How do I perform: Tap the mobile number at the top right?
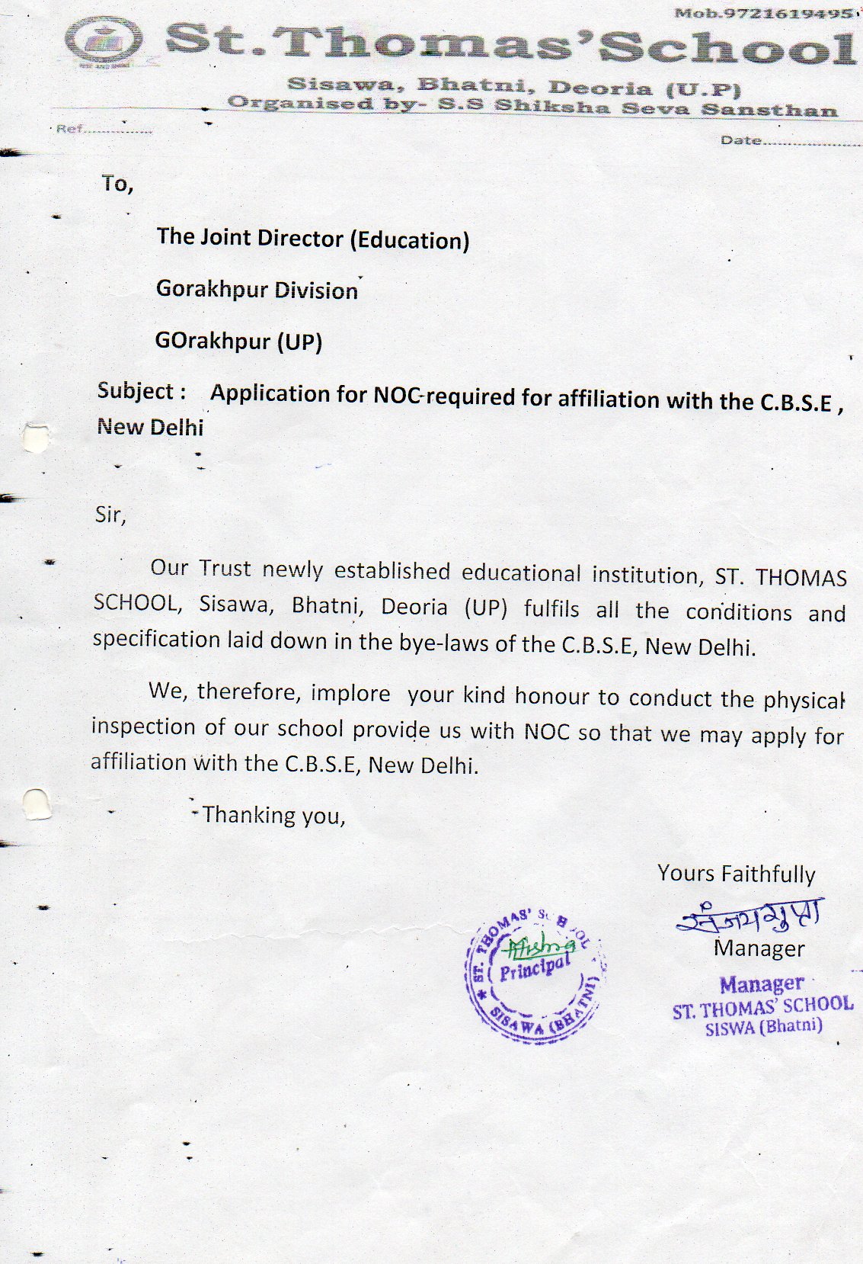click(x=764, y=14)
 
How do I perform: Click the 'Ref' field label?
click(x=69, y=130)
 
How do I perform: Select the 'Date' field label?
click(x=740, y=141)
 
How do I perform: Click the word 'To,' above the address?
click(x=117, y=184)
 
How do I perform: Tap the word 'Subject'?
click(x=137, y=391)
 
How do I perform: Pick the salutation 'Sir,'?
click(x=110, y=515)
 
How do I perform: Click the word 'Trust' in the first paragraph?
click(x=225, y=568)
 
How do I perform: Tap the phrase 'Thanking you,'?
click(x=273, y=816)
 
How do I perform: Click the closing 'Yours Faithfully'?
click(x=736, y=874)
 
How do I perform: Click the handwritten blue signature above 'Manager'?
click(x=750, y=918)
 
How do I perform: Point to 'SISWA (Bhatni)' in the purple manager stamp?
click(x=764, y=1027)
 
